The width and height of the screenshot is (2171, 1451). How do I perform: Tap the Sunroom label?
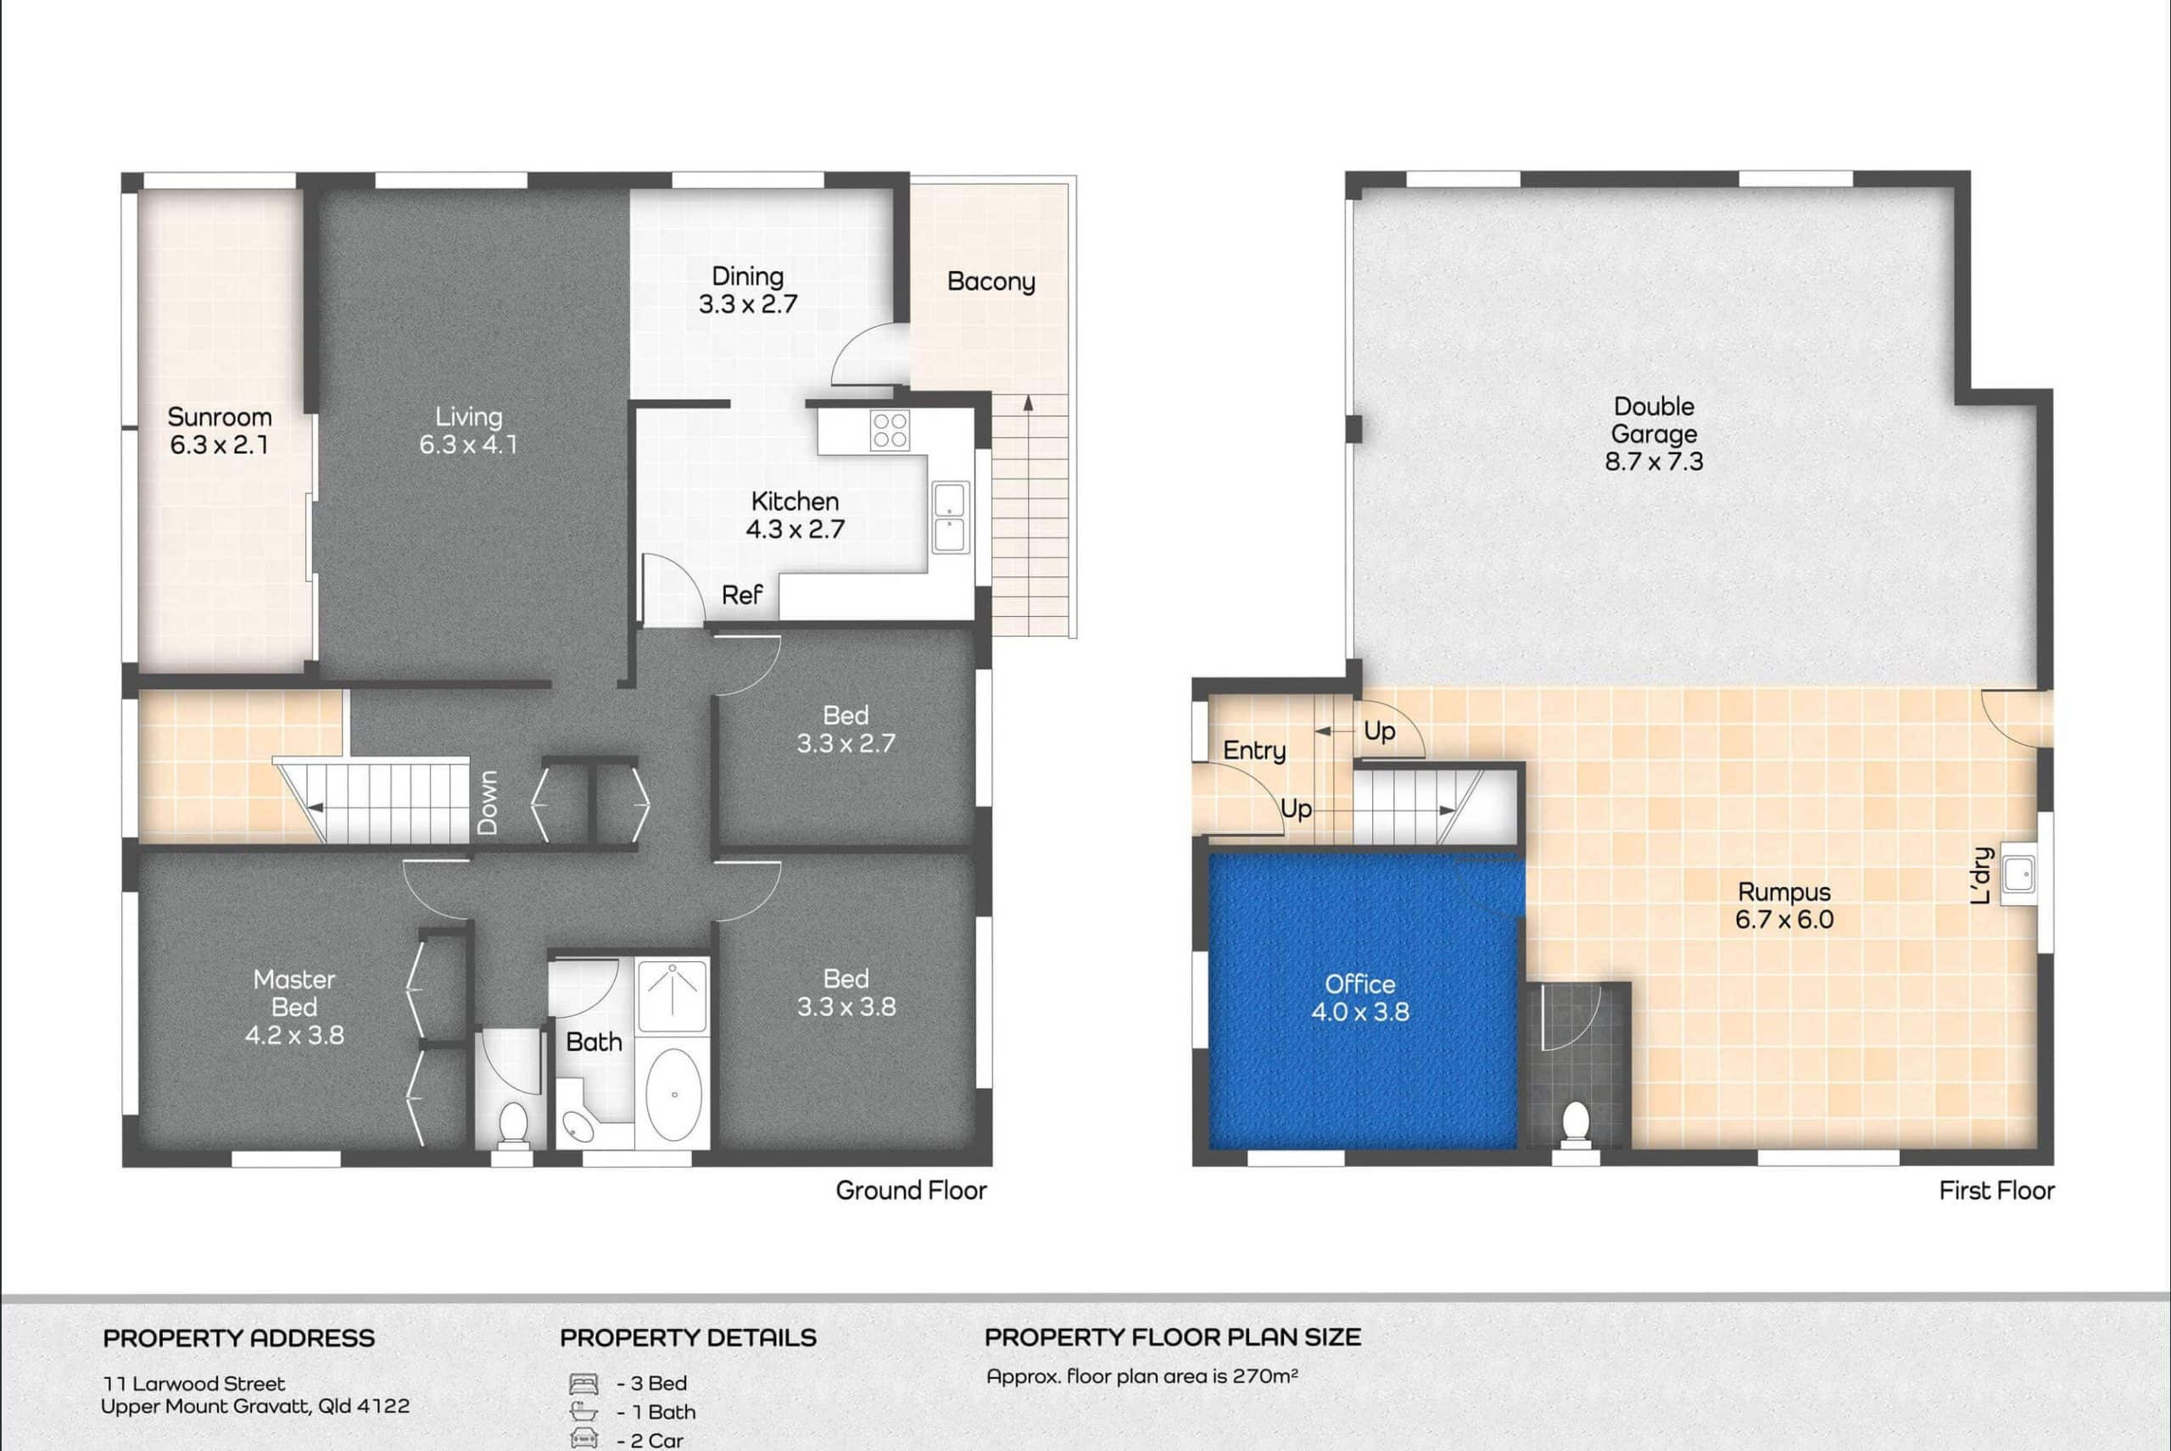[x=220, y=416]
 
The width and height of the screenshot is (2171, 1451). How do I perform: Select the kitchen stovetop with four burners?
[x=890, y=431]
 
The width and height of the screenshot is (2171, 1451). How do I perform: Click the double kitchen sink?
[x=950, y=517]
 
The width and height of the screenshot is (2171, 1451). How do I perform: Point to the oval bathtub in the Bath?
[x=673, y=1094]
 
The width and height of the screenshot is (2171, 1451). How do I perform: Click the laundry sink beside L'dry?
[x=2018, y=873]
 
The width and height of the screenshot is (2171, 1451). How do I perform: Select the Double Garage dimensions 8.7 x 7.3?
[x=1654, y=461]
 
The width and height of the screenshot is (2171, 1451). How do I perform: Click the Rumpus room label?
[x=1784, y=892]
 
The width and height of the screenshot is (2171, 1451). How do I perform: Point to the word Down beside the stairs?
[x=488, y=803]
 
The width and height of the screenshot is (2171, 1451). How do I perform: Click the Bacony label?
[x=991, y=282]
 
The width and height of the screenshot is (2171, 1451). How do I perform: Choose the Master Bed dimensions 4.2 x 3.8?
[x=294, y=1035]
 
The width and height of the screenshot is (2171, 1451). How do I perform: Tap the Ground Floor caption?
[x=911, y=1190]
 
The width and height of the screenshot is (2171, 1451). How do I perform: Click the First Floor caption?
[x=1997, y=1190]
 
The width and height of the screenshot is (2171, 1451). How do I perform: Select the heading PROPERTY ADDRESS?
[x=239, y=1338]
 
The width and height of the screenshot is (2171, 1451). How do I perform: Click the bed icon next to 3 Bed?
[x=583, y=1384]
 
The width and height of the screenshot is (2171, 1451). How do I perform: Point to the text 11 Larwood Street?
[x=193, y=1383]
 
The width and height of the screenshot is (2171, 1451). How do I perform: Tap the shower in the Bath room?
[x=673, y=996]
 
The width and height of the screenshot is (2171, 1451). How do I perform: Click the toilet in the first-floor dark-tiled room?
[x=1575, y=1126]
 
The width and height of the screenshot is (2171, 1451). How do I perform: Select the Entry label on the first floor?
[x=1254, y=750]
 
